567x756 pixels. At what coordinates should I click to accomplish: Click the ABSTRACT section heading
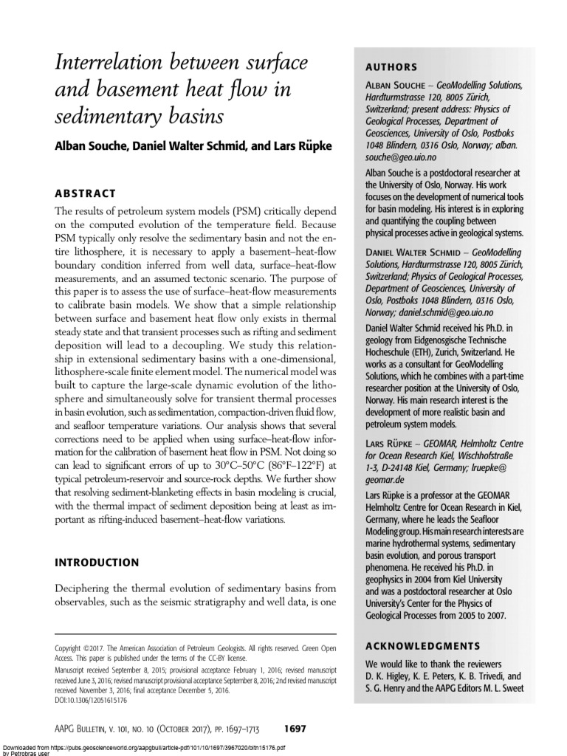pyautogui.click(x=86, y=193)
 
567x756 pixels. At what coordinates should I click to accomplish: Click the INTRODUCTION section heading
pyautogui.click(x=97, y=562)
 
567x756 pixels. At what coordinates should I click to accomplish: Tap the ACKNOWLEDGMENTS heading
pyautogui.click(x=423, y=645)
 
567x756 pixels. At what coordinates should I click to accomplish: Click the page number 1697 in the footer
pyautogui.click(x=295, y=729)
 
